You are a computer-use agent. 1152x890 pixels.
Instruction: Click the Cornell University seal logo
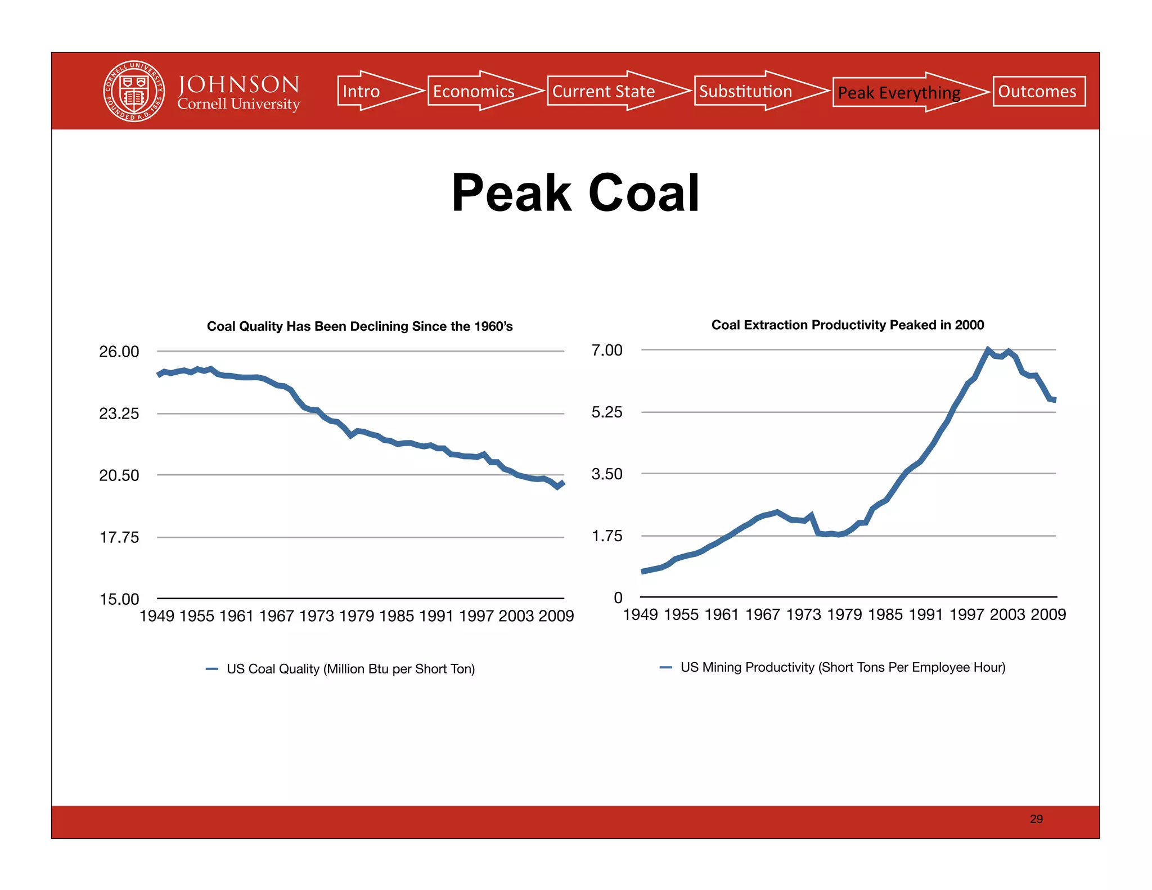point(134,91)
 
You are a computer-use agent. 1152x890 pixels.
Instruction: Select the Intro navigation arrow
point(371,91)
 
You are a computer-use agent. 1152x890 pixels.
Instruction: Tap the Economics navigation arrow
point(478,91)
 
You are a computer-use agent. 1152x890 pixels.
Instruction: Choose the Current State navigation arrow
point(610,91)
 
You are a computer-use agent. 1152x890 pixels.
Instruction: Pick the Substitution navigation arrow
point(751,91)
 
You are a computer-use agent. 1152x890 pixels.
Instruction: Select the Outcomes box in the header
point(1038,91)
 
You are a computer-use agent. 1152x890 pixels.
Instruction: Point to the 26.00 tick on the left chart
point(119,352)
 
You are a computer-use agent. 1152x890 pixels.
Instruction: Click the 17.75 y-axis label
point(119,537)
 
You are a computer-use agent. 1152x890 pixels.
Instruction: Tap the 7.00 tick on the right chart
point(607,350)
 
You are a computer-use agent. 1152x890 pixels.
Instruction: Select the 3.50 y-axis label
point(607,474)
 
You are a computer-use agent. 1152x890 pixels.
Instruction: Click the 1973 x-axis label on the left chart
point(317,616)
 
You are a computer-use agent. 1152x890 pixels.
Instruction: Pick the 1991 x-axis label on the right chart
point(926,614)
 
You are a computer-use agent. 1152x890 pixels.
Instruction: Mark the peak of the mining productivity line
point(988,350)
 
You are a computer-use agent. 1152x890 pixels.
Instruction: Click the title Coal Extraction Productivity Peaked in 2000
point(847,325)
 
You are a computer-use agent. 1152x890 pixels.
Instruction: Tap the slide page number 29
point(1036,819)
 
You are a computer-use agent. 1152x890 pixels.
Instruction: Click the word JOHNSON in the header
point(238,84)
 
